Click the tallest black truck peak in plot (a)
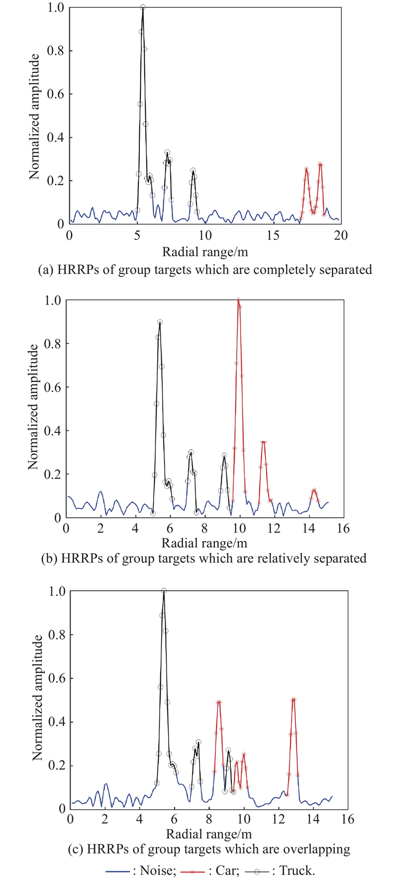(x=143, y=8)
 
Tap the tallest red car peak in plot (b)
(x=238, y=300)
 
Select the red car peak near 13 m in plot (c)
(x=294, y=700)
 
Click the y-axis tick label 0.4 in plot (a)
(x=56, y=137)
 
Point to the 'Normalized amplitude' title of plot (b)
(x=33, y=407)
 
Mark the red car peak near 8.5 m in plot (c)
(x=218, y=702)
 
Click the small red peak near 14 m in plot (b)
(x=314, y=490)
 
